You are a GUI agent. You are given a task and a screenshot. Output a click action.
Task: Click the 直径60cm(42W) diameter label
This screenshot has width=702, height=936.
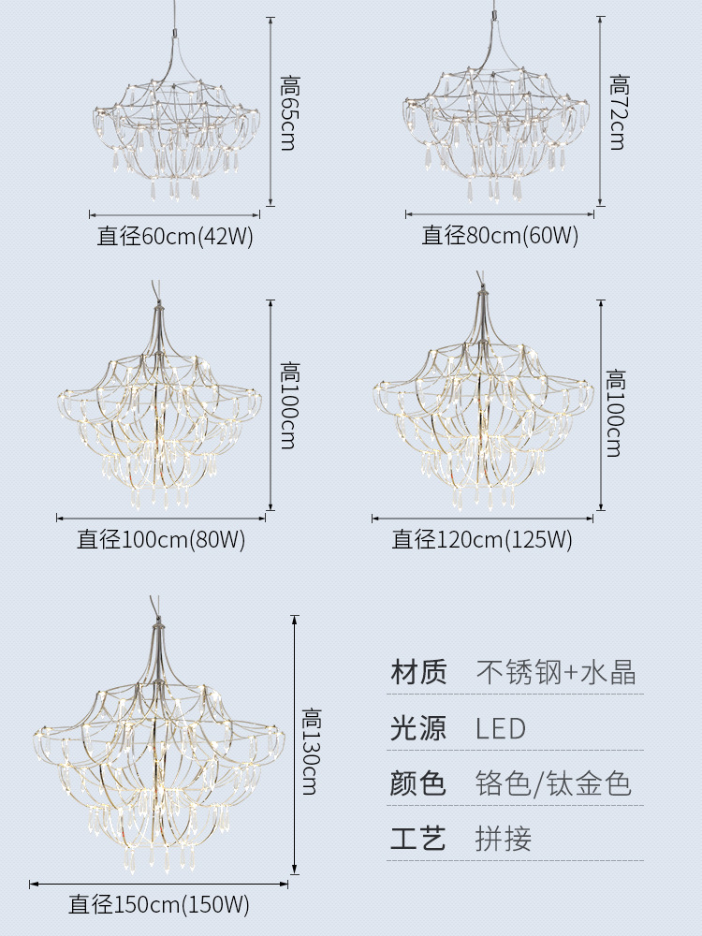coord(175,236)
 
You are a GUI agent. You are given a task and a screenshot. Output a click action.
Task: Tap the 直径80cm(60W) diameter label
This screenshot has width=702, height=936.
coord(500,236)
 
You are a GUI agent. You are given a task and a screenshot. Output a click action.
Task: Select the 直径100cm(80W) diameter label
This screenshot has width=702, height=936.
coord(161,540)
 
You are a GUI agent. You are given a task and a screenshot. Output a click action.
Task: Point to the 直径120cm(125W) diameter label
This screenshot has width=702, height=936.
coord(482,540)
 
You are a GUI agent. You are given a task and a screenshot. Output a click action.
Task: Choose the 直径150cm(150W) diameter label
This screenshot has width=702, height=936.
coord(159,905)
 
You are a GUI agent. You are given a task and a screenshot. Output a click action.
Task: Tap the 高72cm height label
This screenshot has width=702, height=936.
coord(618,112)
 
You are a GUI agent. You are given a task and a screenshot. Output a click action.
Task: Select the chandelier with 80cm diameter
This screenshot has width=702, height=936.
coord(496,131)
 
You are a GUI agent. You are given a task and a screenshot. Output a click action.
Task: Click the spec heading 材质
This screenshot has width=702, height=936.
coord(418,672)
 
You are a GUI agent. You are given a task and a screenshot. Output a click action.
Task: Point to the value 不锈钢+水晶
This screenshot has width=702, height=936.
coord(556,672)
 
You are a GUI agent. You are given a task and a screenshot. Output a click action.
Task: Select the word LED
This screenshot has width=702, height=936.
coord(501,728)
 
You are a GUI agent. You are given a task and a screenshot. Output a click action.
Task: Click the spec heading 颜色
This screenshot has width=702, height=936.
coord(418,783)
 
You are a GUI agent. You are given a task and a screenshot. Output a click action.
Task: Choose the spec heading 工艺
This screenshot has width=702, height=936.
coord(418,839)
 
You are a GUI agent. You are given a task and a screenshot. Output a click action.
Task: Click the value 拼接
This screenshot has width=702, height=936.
coord(504,839)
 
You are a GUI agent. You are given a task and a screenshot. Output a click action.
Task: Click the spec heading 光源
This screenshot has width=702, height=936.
coord(418,728)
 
